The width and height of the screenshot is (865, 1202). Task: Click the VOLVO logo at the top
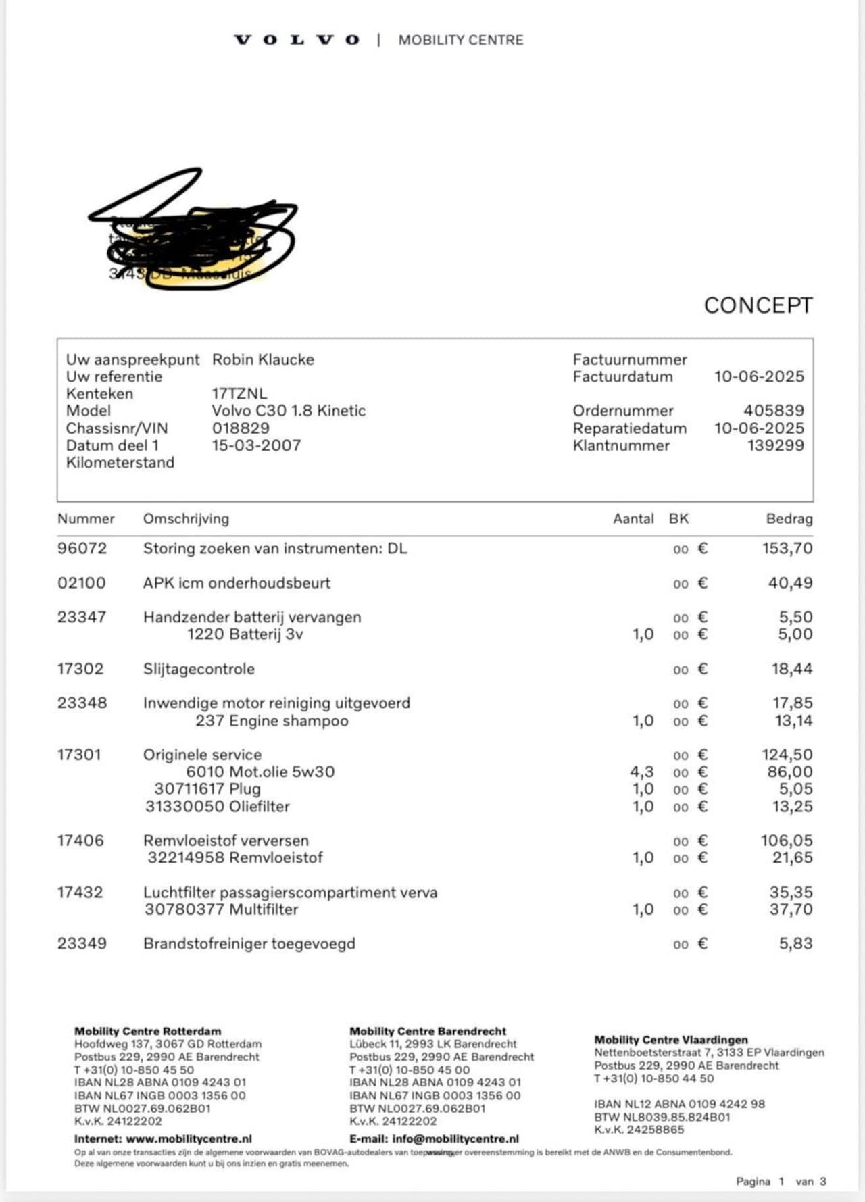tap(297, 40)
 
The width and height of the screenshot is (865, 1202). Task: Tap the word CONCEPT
tap(758, 305)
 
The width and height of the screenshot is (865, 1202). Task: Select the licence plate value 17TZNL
tap(239, 393)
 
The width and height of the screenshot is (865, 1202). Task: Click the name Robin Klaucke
tap(263, 359)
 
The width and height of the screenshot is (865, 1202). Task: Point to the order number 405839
tap(774, 411)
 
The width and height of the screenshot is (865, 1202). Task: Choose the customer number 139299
tap(775, 445)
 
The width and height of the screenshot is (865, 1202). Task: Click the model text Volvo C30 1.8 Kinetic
tap(289, 411)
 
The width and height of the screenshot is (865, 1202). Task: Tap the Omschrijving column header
tap(186, 519)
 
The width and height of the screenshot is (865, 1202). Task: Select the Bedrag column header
tap(789, 519)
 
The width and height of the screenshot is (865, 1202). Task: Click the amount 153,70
tap(787, 549)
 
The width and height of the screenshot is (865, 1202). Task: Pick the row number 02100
tap(82, 583)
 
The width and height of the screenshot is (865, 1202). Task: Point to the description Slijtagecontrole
tap(199, 669)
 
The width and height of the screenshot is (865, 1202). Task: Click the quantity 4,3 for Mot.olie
tap(642, 772)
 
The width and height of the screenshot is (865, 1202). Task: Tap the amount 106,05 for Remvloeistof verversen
tap(787, 841)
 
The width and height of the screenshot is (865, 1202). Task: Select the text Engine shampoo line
tap(272, 721)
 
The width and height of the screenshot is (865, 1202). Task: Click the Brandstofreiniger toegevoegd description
tap(249, 944)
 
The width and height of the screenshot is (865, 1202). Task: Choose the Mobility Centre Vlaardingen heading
tap(671, 1040)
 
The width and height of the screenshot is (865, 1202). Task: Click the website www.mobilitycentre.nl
tap(189, 1138)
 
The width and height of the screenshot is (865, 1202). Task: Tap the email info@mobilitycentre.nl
tap(455, 1138)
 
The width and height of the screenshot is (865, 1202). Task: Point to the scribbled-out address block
tap(196, 236)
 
